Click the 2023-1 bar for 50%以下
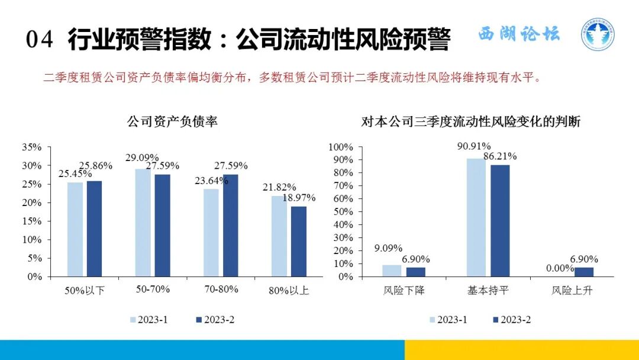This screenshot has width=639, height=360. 75,229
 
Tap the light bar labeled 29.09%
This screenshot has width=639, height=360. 143,223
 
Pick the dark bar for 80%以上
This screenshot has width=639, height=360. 299,241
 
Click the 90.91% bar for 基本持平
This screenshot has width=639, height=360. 476,217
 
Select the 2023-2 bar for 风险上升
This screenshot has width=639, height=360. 583,272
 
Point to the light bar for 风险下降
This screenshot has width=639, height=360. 391,271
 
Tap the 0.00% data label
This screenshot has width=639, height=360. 559,268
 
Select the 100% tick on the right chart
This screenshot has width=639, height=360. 341,147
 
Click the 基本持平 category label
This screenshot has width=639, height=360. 488,291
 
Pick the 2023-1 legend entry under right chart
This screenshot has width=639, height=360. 448,320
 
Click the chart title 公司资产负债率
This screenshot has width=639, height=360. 172,122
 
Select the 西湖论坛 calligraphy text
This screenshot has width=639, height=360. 518,34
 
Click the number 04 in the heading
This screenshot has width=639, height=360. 40,40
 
